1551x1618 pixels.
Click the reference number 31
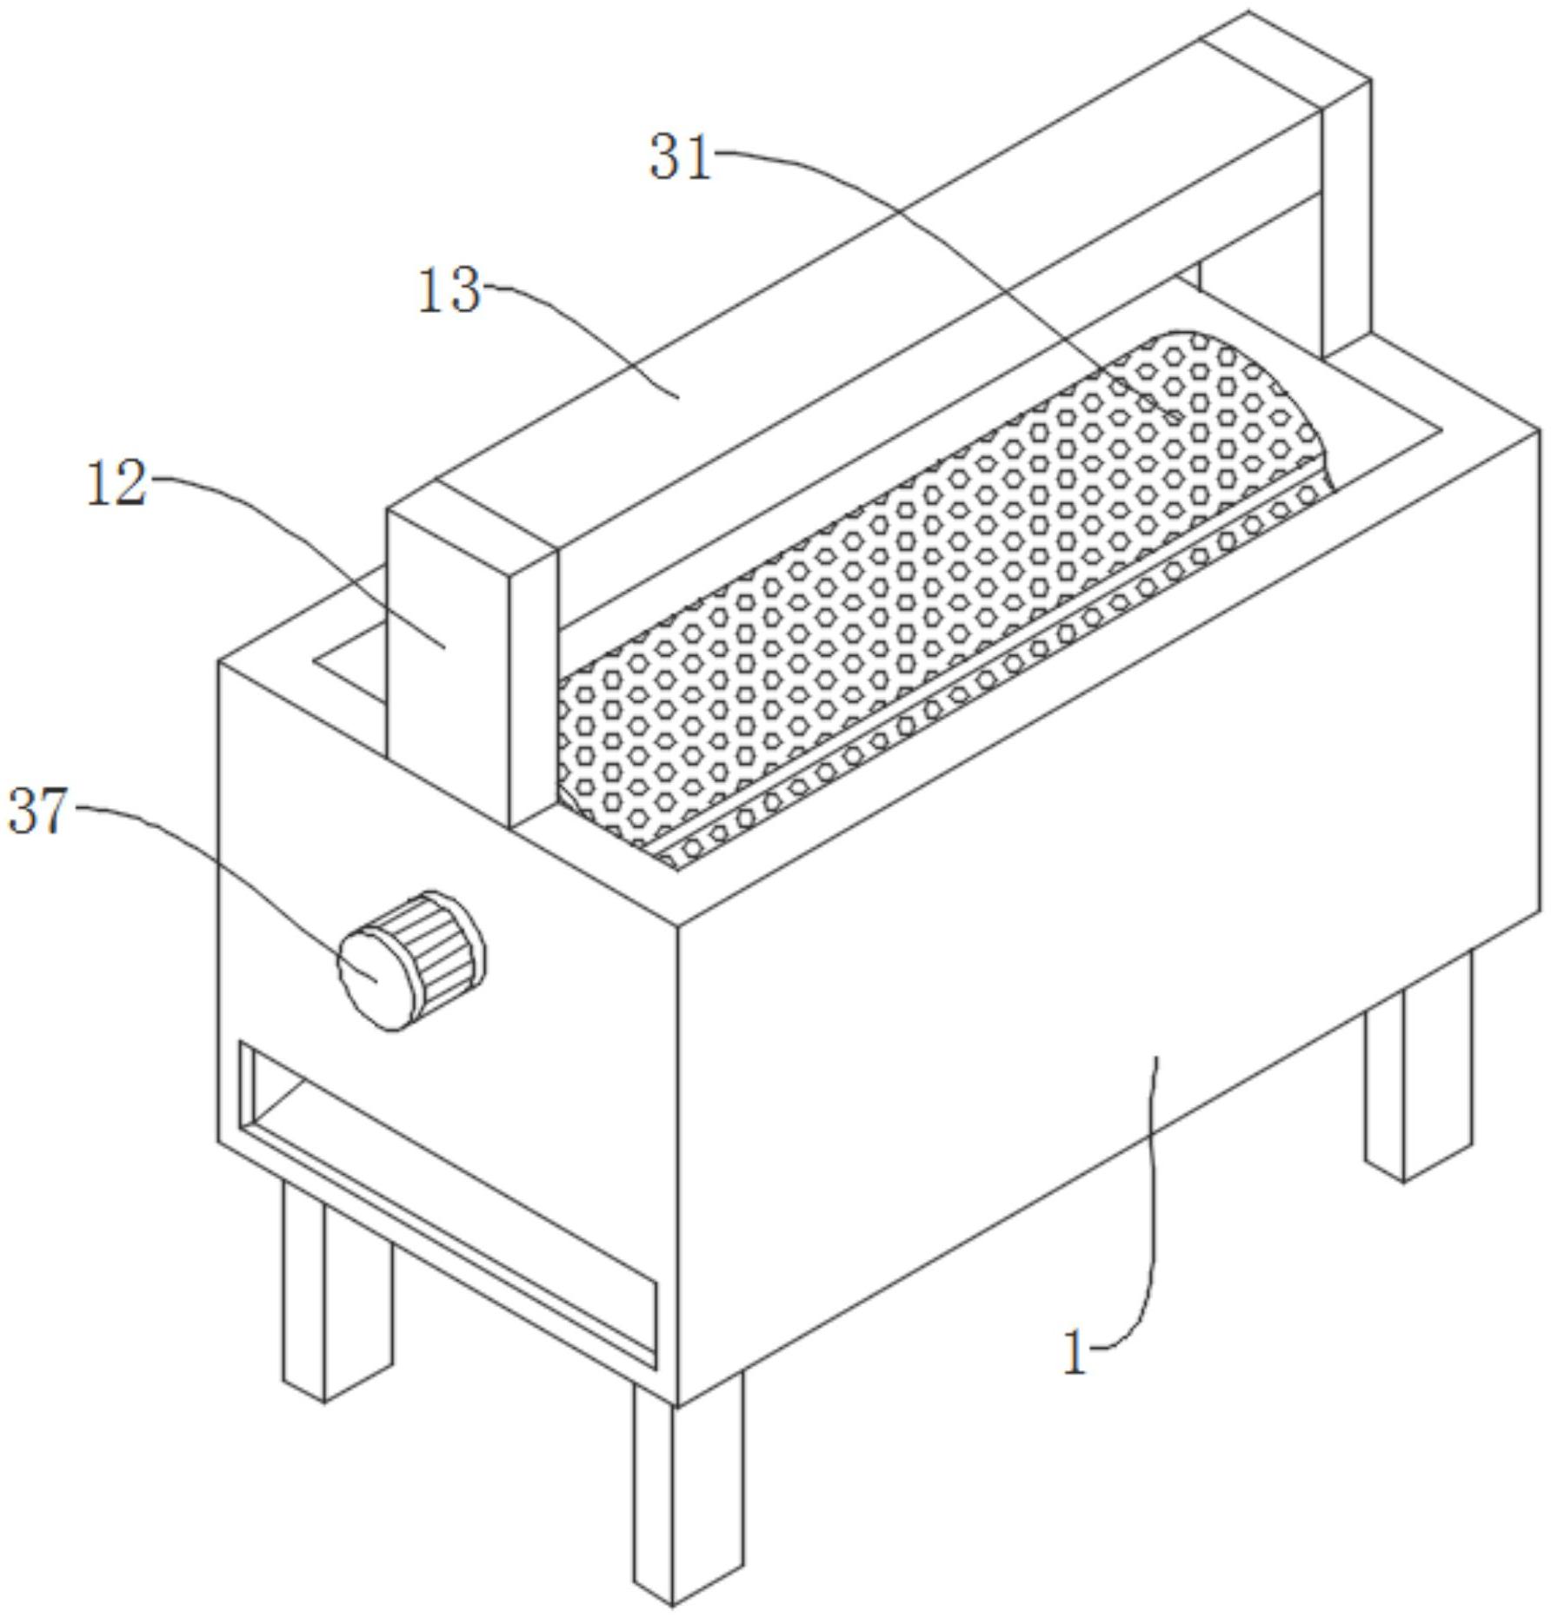pyautogui.click(x=681, y=158)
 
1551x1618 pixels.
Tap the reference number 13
pyautogui.click(x=449, y=291)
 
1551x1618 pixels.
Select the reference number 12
pyautogui.click(x=116, y=484)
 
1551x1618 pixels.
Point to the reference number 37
pyautogui.click(x=37, y=812)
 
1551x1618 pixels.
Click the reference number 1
pyautogui.click(x=1075, y=1354)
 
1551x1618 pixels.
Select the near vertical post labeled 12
pyautogui.click(x=448, y=660)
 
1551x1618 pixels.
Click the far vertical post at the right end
pyautogui.click(x=1346, y=217)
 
